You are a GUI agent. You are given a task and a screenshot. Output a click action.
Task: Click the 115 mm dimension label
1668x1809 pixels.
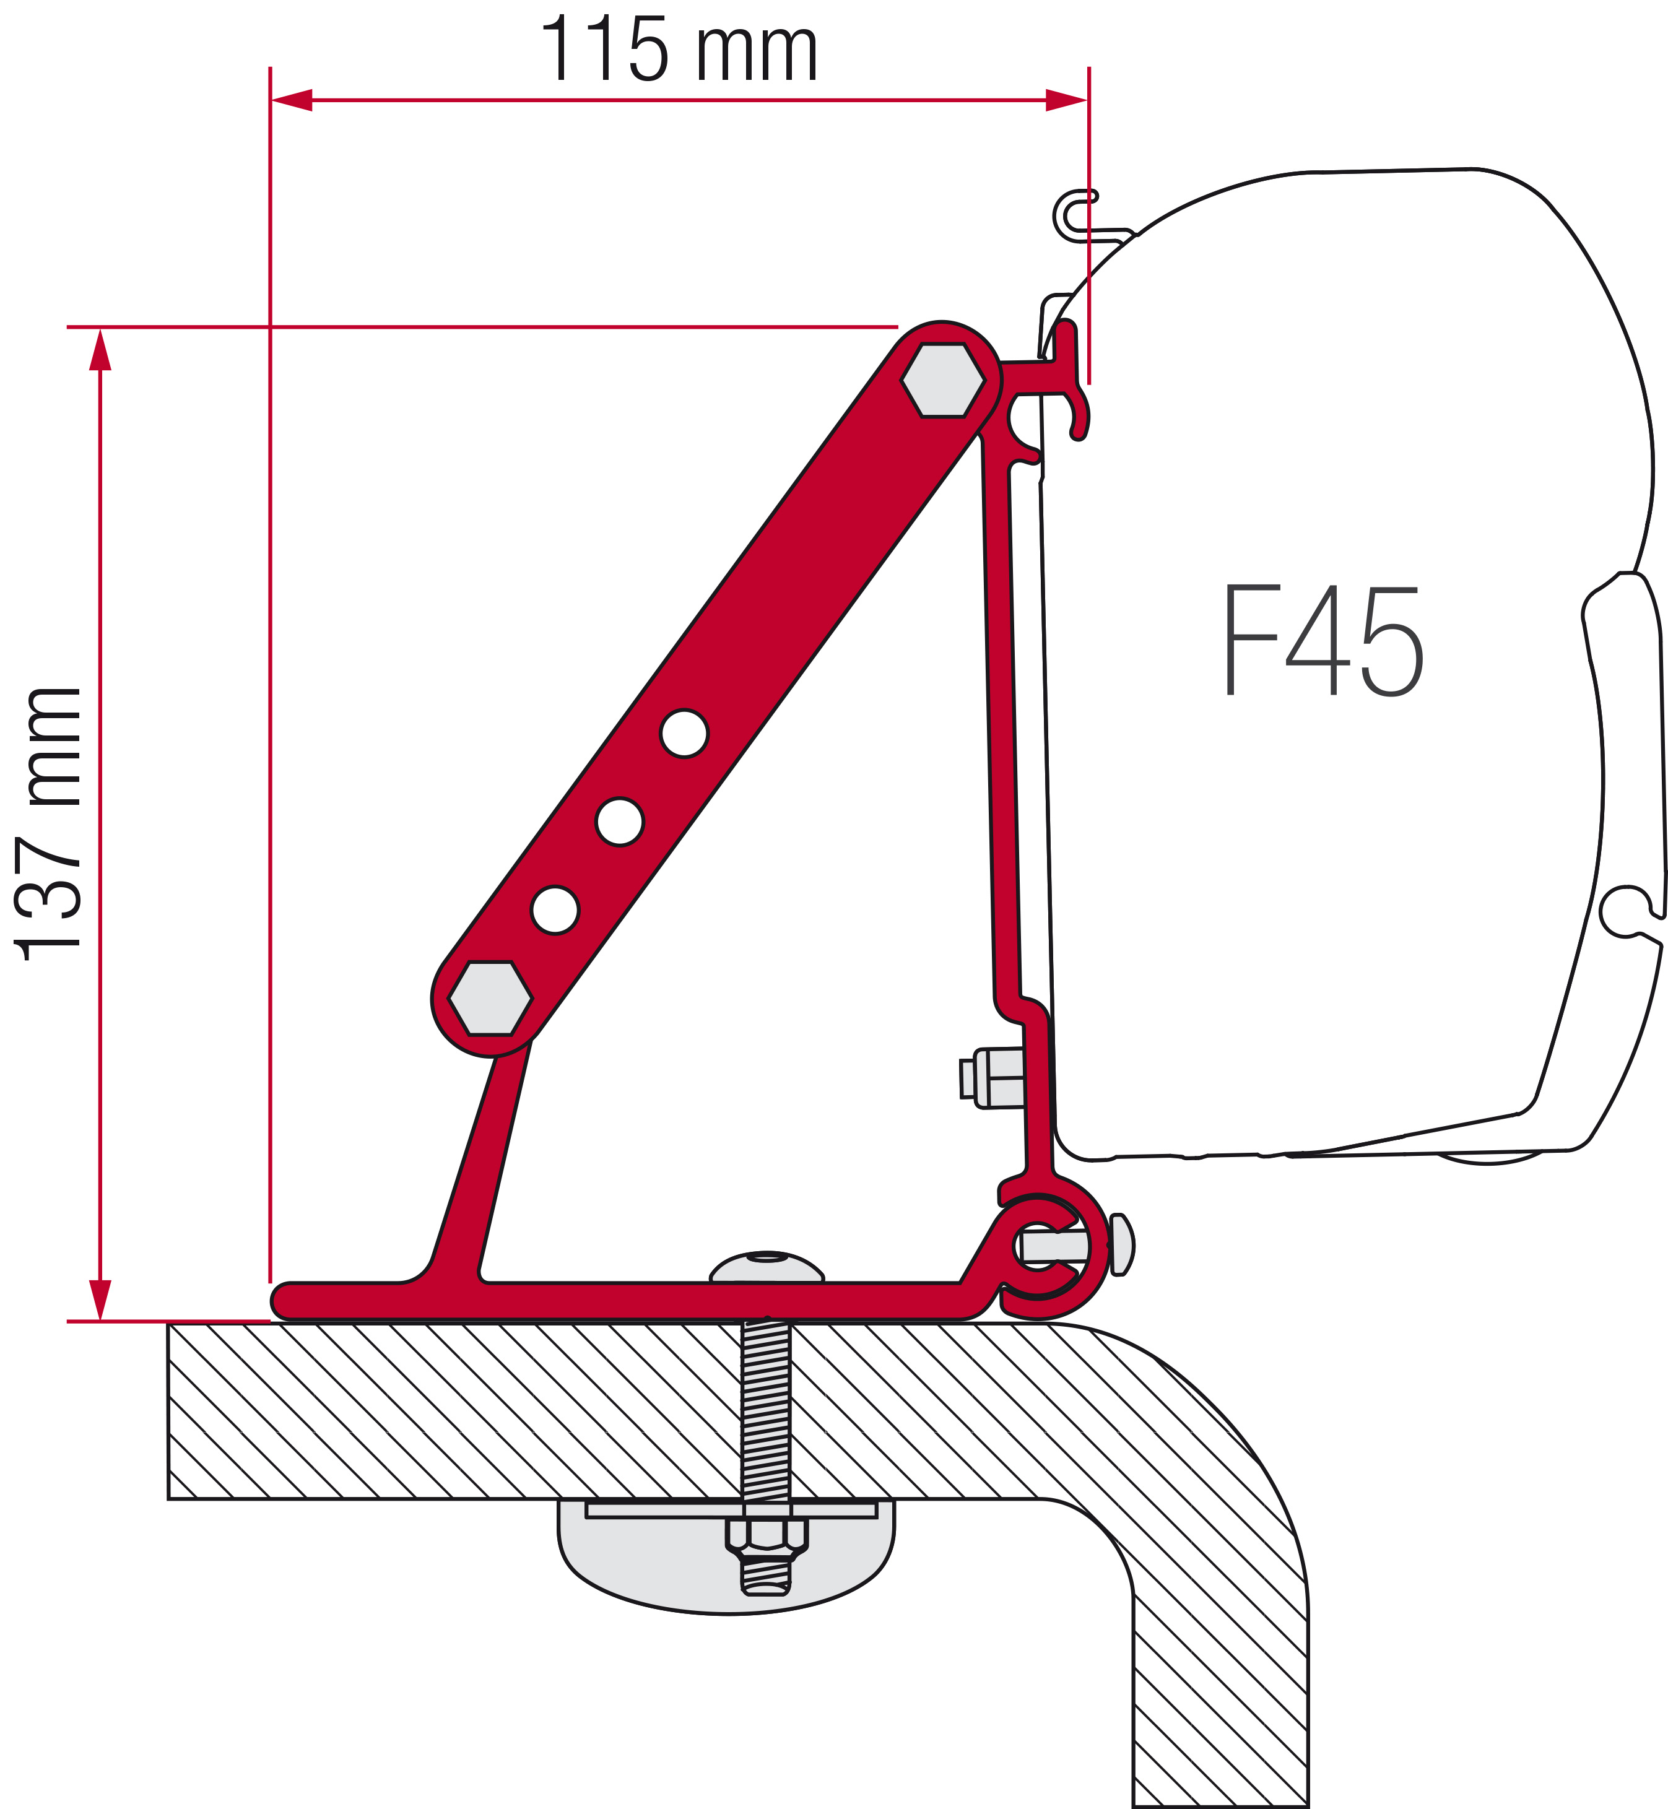(679, 50)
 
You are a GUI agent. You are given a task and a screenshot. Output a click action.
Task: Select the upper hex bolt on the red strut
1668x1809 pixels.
(943, 380)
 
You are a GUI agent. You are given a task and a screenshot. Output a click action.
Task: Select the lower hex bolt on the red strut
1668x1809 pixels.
(490, 999)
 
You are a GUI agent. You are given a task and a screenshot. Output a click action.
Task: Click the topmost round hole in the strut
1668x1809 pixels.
(684, 734)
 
